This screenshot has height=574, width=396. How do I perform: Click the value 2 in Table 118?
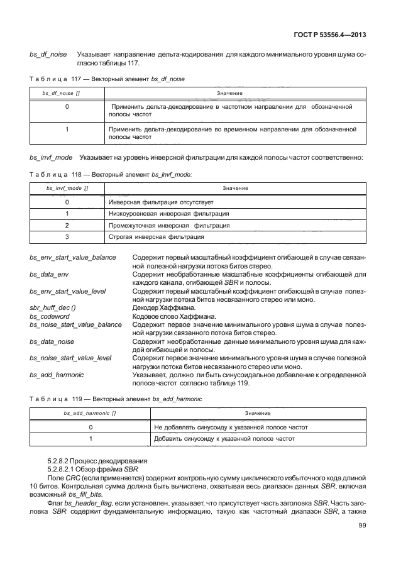coord(67,225)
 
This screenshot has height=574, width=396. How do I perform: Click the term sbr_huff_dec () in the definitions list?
coord(52,307)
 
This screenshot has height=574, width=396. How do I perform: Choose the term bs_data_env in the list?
coord(49,275)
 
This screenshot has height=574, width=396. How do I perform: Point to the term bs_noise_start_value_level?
coord(70,358)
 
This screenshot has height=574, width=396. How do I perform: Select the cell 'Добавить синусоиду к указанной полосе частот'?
coord(224,438)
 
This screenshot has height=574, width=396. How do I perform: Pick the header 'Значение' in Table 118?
coord(235,189)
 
